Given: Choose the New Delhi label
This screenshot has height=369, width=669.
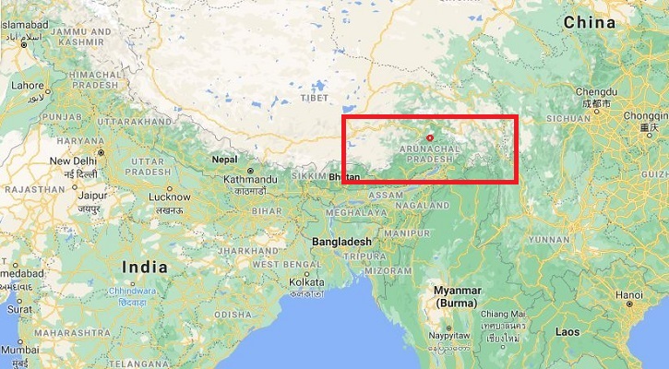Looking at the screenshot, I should coord(73,161).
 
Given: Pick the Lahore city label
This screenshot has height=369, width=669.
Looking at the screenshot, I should coord(27,85).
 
